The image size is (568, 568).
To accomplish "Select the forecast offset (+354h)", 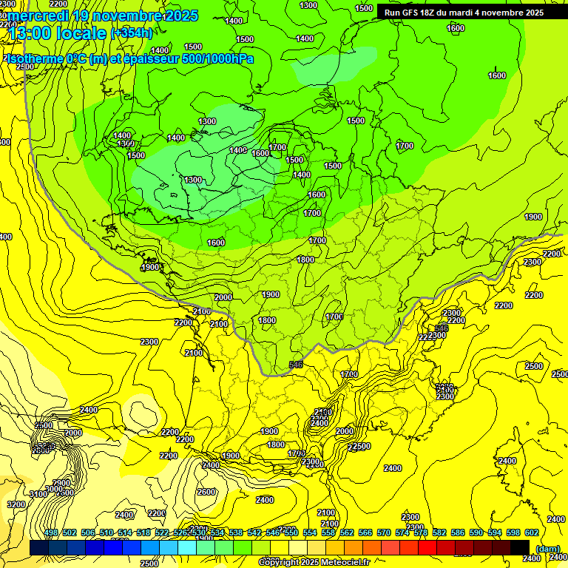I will point(131,33).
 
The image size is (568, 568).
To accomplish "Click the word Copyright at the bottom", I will point(280,562).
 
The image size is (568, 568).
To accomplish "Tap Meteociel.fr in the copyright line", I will point(345,562).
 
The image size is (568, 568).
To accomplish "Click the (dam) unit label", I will point(547,549).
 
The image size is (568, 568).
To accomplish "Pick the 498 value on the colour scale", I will point(51,533).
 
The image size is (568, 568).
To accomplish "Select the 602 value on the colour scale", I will point(531,533).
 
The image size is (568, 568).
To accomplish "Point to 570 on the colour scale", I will point(383,533).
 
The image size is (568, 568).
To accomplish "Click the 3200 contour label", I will point(16,504).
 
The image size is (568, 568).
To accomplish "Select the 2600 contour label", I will point(206,492).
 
